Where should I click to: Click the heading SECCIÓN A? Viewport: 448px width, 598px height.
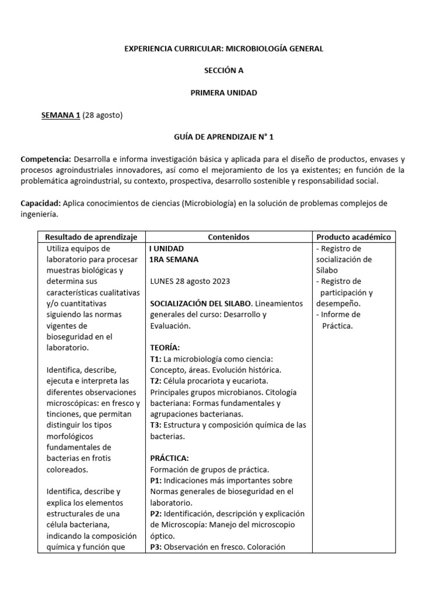point(223,71)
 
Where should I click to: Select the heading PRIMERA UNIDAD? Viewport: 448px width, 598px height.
point(223,93)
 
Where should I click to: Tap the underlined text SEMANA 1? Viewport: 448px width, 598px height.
point(61,115)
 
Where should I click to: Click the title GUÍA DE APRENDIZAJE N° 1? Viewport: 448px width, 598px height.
point(223,137)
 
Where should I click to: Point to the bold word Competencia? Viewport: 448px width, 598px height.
point(45,159)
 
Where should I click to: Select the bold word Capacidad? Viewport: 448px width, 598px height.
point(40,203)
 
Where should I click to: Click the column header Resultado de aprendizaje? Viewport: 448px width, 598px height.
point(91,237)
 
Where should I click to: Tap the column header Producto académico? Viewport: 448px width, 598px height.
point(353,237)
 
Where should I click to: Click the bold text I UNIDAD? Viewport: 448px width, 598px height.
point(167,248)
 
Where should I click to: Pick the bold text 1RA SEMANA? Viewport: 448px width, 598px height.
point(174,259)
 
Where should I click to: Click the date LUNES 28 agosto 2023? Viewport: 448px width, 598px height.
point(190,281)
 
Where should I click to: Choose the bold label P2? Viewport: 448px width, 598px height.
point(156,514)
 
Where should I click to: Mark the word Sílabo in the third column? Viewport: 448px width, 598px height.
point(327,270)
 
